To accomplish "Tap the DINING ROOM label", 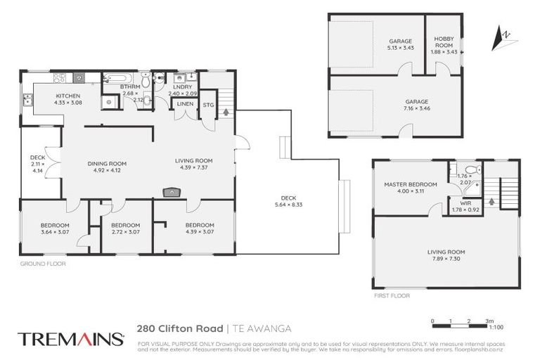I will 107,164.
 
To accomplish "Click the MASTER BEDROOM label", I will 410,184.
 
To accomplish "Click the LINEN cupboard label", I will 185,104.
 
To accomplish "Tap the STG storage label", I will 208,105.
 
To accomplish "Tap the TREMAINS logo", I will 70,338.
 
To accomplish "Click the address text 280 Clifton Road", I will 179,328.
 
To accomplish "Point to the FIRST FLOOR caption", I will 390,295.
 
